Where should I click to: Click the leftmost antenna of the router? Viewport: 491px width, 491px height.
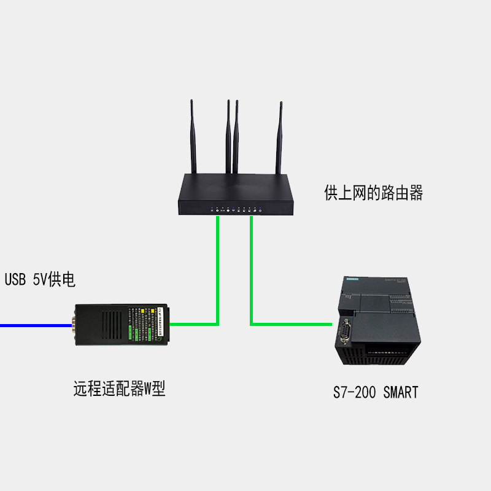[x=193, y=138]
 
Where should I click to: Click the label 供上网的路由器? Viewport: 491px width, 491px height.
[x=373, y=194]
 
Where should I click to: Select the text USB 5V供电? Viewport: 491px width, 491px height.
[x=40, y=280]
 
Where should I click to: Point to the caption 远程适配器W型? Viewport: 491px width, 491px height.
[x=119, y=389]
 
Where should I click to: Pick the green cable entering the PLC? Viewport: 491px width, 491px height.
[x=295, y=323]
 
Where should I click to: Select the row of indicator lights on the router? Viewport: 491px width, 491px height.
[x=236, y=211]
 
